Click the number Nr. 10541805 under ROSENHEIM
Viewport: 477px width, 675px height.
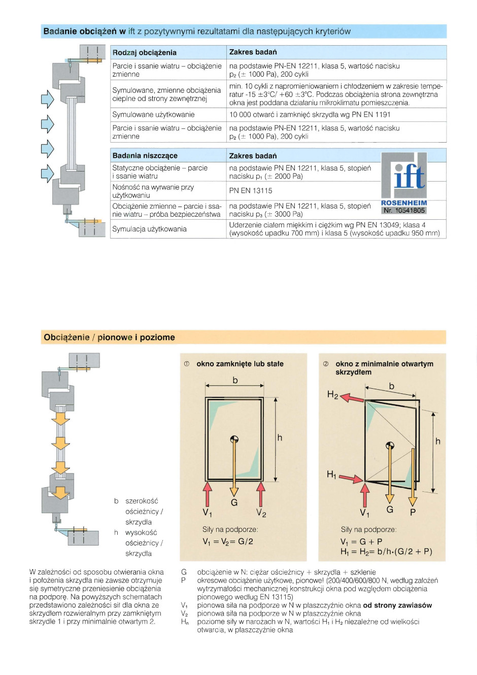click(x=404, y=210)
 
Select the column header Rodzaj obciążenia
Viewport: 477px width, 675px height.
click(x=145, y=52)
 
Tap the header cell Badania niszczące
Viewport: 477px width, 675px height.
click(x=145, y=156)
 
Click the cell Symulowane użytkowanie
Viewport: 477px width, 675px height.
click(x=153, y=115)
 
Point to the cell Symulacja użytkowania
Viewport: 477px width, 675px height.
click(x=149, y=229)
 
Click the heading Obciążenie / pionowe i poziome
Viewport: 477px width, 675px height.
click(x=109, y=338)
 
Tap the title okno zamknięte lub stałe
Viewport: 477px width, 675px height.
click(x=240, y=364)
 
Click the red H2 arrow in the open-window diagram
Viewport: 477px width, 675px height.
click(x=352, y=397)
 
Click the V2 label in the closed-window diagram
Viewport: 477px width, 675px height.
click(x=261, y=513)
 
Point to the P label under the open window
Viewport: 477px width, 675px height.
click(x=413, y=512)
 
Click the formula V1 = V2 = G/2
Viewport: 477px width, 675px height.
click(x=228, y=542)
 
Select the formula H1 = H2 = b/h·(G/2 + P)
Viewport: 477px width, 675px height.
click(x=386, y=552)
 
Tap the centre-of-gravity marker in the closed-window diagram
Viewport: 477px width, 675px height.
click(x=234, y=440)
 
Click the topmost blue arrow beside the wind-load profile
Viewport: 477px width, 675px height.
click(x=47, y=99)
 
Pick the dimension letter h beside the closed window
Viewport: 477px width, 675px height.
click(x=280, y=437)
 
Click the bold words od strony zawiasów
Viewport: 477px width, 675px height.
click(x=397, y=605)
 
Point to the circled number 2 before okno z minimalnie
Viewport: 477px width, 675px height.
click(x=326, y=364)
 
